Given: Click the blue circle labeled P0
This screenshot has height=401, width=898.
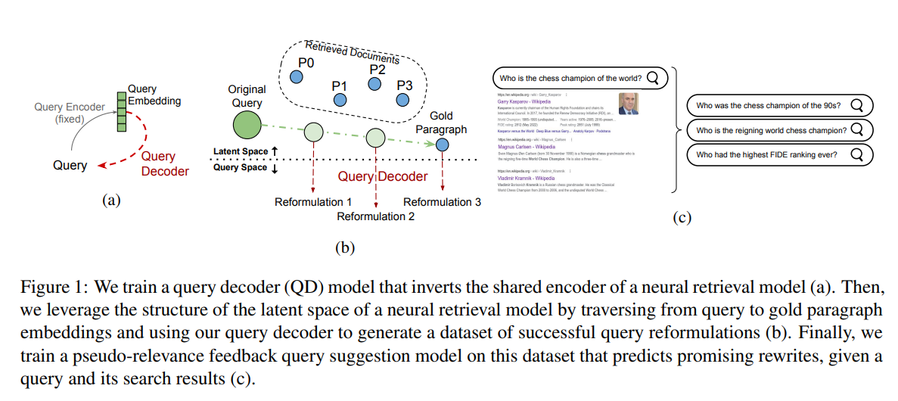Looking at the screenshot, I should (297, 77).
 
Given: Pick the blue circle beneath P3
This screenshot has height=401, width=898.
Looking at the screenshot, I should (405, 100).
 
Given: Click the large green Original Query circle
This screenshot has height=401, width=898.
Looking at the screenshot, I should (247, 125).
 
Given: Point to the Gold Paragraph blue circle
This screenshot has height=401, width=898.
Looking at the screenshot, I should (442, 145).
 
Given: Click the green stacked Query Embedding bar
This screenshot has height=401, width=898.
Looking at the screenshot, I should (121, 111).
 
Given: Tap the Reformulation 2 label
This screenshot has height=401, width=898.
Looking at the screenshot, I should (376, 216).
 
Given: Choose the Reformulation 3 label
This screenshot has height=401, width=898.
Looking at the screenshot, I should (442, 202).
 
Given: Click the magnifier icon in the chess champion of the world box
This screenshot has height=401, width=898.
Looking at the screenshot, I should (653, 77).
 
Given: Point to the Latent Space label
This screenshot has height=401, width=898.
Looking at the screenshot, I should (241, 152).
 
